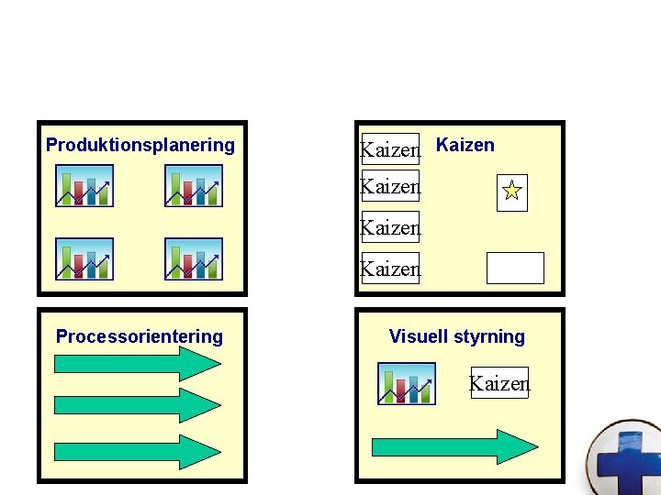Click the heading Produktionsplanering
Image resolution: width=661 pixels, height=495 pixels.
pos(140,145)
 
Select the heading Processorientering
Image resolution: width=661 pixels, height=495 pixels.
pos(140,336)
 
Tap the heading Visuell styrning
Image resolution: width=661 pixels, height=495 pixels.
pos(456,336)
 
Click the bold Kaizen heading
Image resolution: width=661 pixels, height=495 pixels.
pos(465,145)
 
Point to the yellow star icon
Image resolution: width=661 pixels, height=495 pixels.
pos(512,192)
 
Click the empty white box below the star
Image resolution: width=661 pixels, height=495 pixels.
pos(515,268)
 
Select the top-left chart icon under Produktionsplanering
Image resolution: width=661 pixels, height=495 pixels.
pos(84,186)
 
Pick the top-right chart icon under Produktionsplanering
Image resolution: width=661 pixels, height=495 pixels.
pos(194,186)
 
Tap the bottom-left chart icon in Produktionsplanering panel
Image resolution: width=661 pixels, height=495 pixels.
pos(84,258)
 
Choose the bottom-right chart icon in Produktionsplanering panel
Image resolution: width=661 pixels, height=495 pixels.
pos(194,258)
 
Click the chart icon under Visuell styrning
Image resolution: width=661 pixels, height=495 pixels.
pos(407,383)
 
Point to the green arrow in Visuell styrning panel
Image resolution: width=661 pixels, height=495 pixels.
pos(454,446)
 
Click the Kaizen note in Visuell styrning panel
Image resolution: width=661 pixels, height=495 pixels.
pos(499,383)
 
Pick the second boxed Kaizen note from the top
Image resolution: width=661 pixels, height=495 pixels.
pos(390,186)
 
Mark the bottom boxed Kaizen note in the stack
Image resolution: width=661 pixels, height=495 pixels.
pos(390,269)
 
